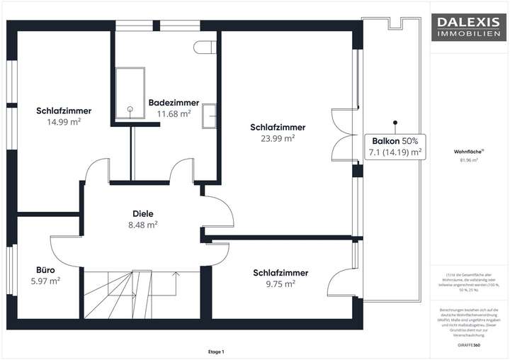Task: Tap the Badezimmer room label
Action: (x=174, y=103)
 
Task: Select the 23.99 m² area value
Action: (x=278, y=139)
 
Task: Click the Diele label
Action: (x=143, y=213)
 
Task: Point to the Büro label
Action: (x=45, y=270)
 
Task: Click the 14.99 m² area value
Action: (x=64, y=122)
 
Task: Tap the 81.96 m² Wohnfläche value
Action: (x=467, y=160)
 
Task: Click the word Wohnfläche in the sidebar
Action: (x=467, y=151)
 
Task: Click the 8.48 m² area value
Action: (x=143, y=225)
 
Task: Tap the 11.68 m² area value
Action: (x=174, y=113)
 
